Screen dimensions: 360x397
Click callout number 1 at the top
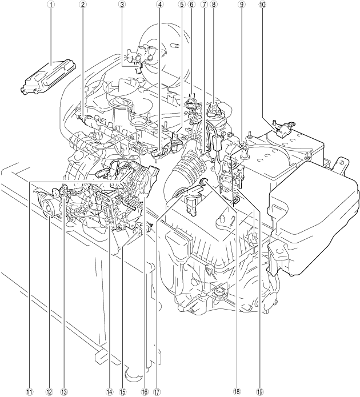point(51,4)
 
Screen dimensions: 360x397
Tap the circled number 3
point(122,4)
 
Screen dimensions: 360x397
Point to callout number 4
point(159,4)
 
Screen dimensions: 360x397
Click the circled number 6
point(191,4)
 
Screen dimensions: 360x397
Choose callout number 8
point(213,4)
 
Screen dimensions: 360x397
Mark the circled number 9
point(242,4)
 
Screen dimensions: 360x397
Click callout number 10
point(263,4)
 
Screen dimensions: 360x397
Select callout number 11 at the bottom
point(30,392)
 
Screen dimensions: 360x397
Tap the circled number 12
point(49,392)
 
